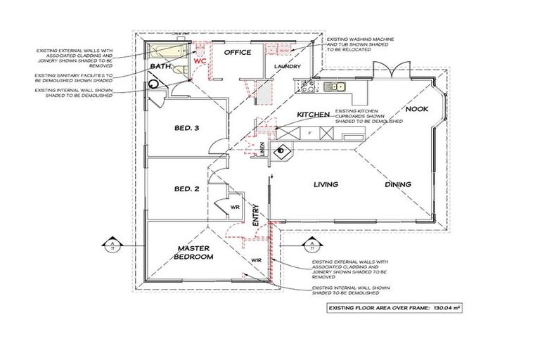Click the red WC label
coord(199,61)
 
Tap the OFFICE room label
coord(238,53)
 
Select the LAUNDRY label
coord(288,67)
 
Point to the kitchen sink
coord(340,87)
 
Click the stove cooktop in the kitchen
coord(307,87)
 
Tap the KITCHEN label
coord(314,114)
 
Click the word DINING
coord(398,184)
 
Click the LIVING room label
coord(326,184)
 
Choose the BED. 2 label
coord(188,188)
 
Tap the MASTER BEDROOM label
coord(195,252)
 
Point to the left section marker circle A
coord(112,245)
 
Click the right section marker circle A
coord(309,245)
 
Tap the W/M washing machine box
coord(283,51)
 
